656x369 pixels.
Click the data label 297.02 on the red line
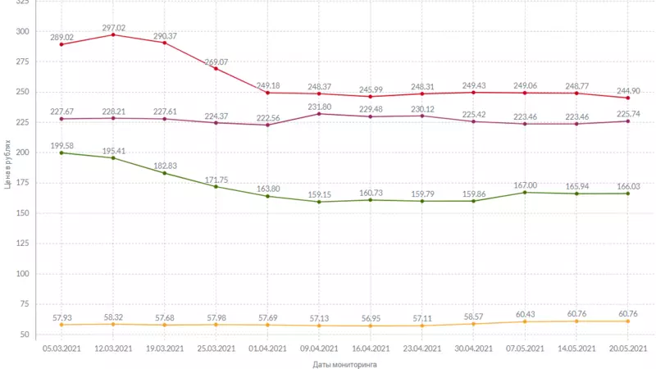[x=113, y=27]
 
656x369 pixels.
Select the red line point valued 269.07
[x=216, y=69]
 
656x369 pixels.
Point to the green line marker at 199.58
[x=62, y=153]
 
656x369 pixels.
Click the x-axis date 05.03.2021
[x=62, y=348]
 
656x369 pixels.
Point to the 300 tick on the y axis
[x=22, y=31]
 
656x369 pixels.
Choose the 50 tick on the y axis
[x=25, y=335]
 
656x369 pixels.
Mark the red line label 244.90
[x=628, y=91]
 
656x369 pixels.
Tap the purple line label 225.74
[x=628, y=114]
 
